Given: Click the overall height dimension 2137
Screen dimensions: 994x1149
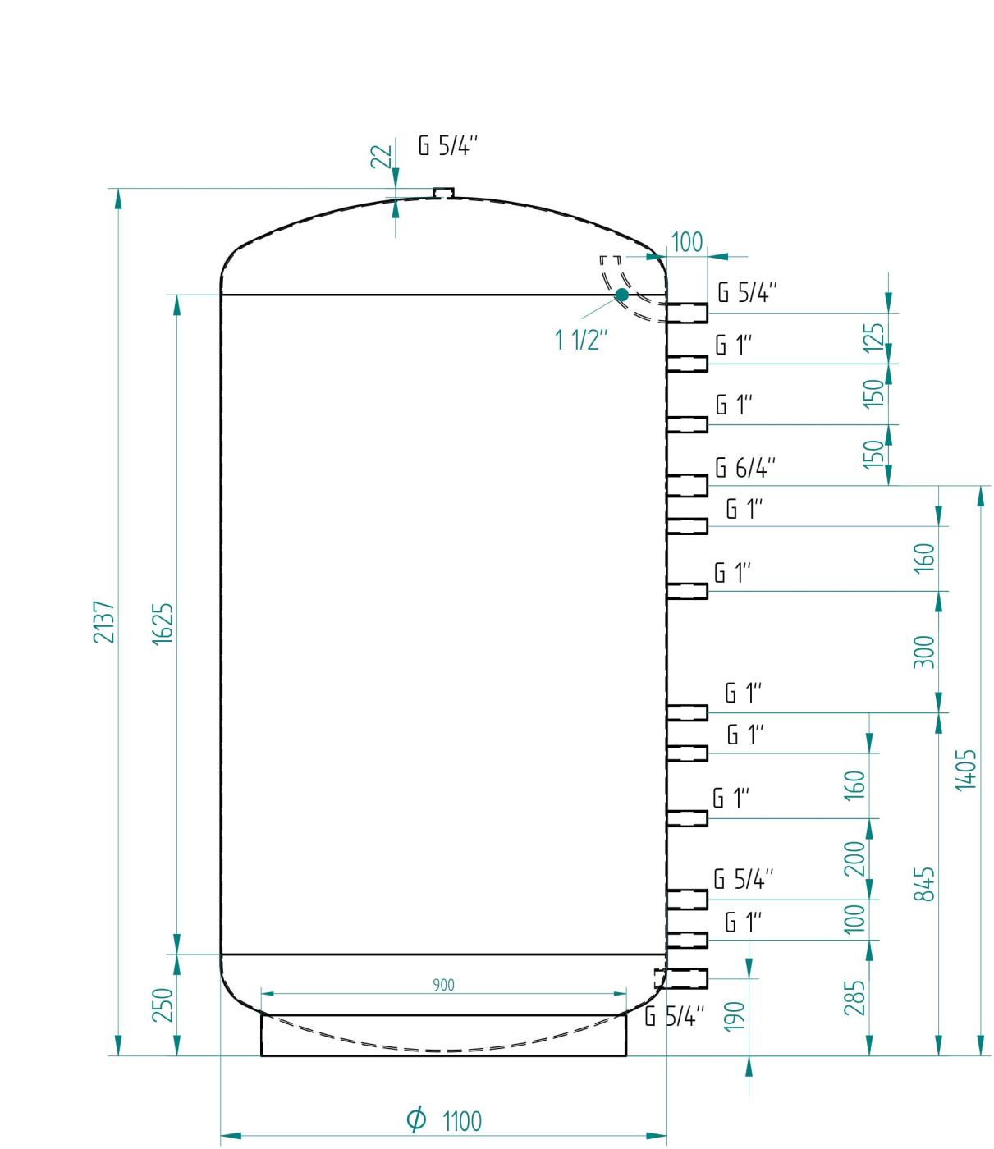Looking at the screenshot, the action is (104, 622).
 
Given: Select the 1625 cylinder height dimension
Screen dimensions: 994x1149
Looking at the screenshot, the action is (163, 625).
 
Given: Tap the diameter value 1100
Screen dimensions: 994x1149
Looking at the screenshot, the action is (462, 1121).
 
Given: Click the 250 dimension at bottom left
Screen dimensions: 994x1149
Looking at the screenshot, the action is (163, 1005).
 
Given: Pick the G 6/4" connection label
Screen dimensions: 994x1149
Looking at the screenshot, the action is (745, 468).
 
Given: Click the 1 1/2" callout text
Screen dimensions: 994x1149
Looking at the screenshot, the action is (581, 340).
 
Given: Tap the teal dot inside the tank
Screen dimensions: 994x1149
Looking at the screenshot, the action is (622, 295).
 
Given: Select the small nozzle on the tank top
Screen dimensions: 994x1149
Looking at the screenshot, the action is (443, 193).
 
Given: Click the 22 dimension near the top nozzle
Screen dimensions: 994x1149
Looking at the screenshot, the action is (382, 156).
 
